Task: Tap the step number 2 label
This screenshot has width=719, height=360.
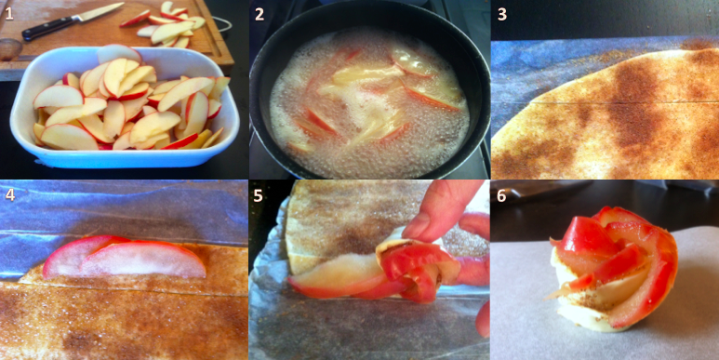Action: (x=260, y=14)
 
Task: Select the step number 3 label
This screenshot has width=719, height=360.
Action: (x=502, y=14)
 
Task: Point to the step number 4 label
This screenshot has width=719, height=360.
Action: (x=10, y=195)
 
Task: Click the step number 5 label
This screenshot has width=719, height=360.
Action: (x=259, y=195)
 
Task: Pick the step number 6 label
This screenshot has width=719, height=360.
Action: (x=501, y=195)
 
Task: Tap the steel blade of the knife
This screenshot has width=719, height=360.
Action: (x=98, y=11)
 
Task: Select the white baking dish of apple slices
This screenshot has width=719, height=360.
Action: (x=124, y=108)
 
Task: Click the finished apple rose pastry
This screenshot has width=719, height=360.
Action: (x=612, y=268)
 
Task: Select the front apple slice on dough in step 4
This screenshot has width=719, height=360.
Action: (x=143, y=260)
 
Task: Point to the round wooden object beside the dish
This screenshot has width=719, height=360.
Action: (x=10, y=49)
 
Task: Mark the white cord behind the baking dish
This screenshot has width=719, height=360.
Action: (x=221, y=24)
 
